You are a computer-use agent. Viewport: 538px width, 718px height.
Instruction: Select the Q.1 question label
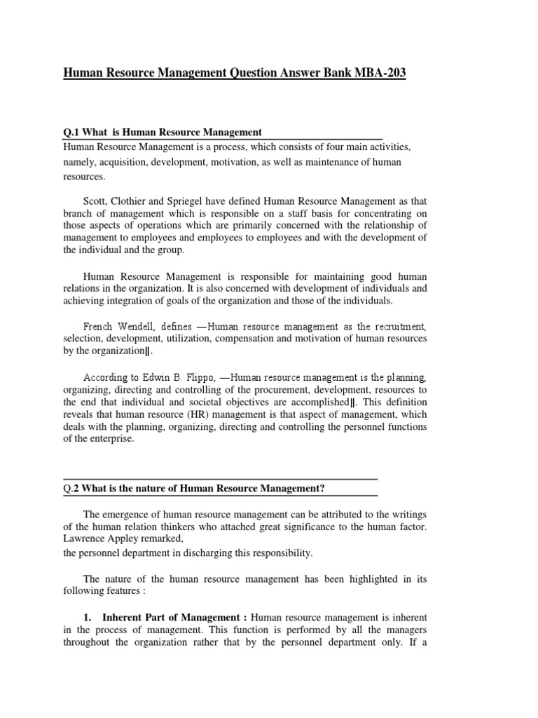pyautogui.click(x=72, y=132)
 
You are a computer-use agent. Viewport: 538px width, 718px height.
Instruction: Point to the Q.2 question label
pyautogui.click(x=72, y=488)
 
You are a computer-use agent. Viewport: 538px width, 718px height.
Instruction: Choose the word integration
pyautogui.click(x=130, y=302)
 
